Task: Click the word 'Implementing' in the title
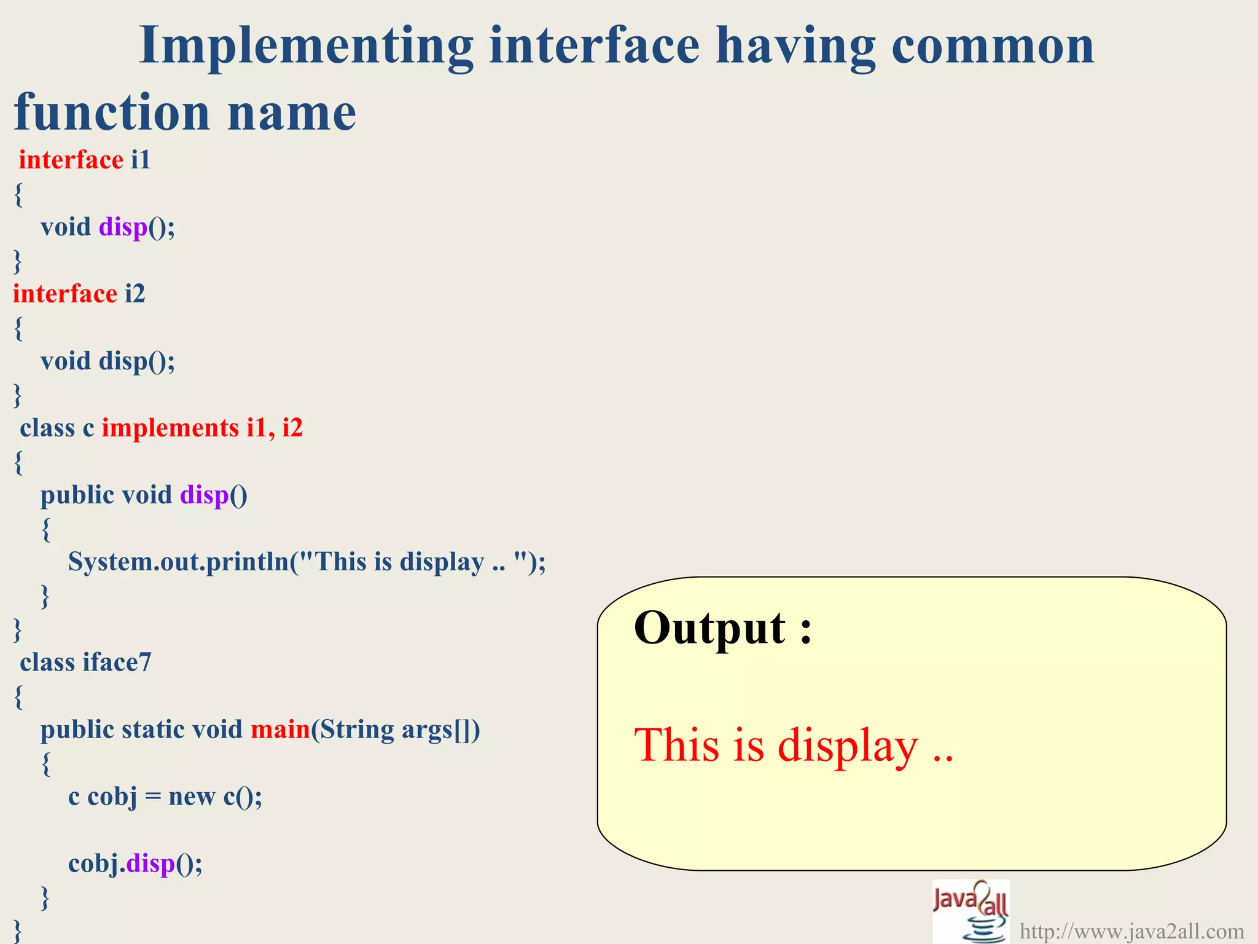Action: tap(306, 46)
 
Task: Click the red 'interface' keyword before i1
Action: tap(71, 160)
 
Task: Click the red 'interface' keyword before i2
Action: tap(65, 294)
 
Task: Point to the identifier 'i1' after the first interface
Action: tap(141, 160)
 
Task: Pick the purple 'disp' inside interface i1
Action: tap(123, 227)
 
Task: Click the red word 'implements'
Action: tap(170, 428)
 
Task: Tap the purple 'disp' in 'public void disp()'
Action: tap(204, 495)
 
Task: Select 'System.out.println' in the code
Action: tap(178, 562)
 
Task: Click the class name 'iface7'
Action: tap(117, 663)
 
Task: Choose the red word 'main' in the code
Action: tap(280, 730)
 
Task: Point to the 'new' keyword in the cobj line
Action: tap(191, 796)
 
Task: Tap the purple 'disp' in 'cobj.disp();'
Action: tap(150, 863)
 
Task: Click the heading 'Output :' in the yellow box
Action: tap(722, 628)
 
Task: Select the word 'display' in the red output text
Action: tap(848, 745)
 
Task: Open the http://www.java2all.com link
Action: tap(1131, 931)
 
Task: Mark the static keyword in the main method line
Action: tap(153, 730)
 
